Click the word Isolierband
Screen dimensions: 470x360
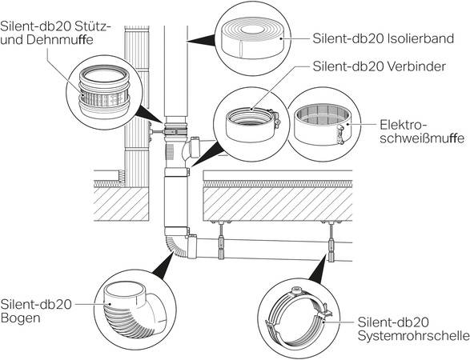tap(420, 38)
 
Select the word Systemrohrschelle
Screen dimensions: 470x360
tap(414, 336)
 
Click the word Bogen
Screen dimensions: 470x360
tap(20, 318)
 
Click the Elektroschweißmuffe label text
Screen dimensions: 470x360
tap(422, 132)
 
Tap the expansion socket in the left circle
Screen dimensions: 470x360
tap(104, 90)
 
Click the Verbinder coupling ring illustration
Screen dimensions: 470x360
tap(252, 125)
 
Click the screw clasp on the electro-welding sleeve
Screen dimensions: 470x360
tap(340, 135)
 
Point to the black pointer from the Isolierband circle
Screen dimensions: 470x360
tap(201, 41)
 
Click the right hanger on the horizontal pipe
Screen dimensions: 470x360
tap(331, 241)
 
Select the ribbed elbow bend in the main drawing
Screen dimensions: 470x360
tap(176, 245)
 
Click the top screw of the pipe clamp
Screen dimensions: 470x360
tap(297, 290)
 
